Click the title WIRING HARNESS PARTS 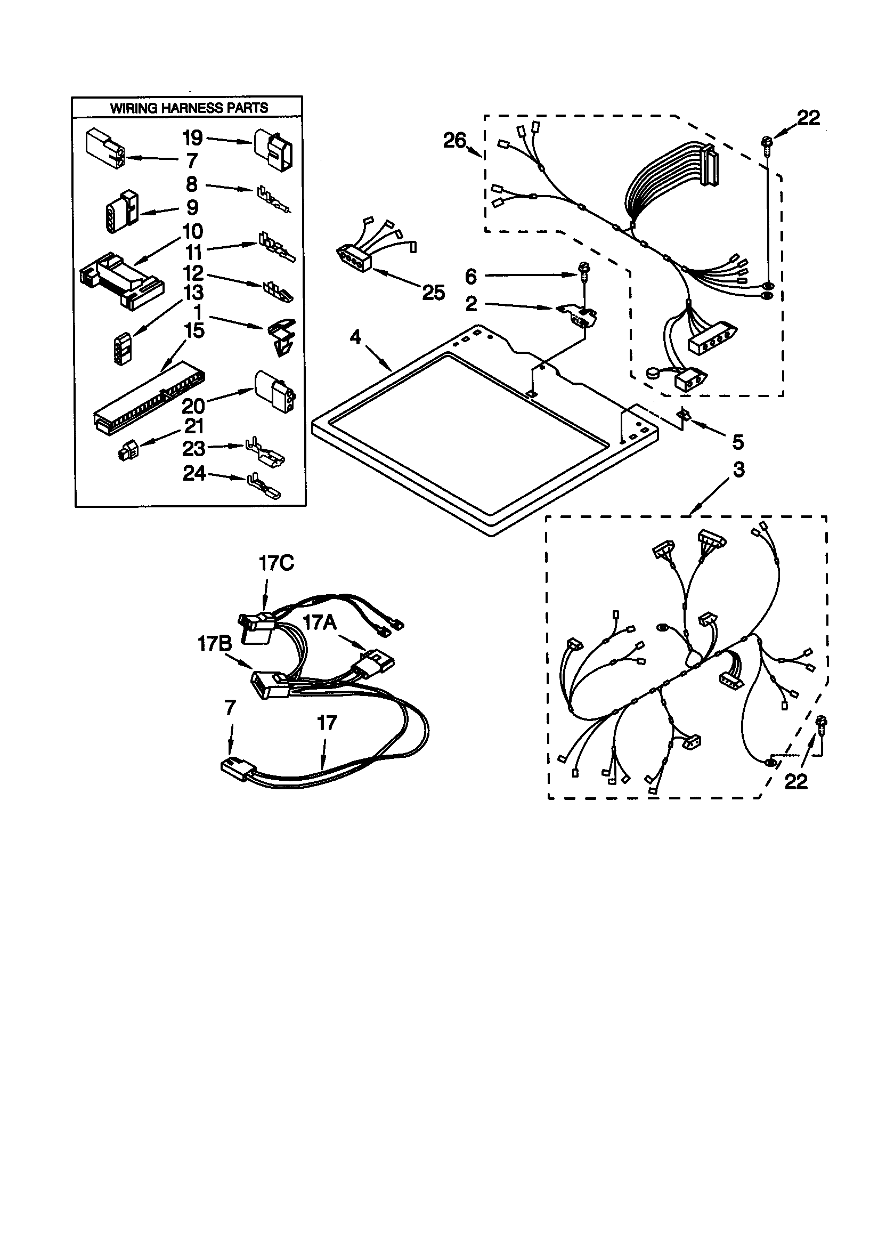click(x=189, y=108)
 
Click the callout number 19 click(x=193, y=138)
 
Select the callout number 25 click(x=434, y=293)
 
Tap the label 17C click(x=276, y=563)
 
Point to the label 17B click(x=214, y=644)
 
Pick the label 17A click(x=320, y=622)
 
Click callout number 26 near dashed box click(x=454, y=141)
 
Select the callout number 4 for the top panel click(x=355, y=337)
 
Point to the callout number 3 click(x=738, y=470)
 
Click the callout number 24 click(x=194, y=474)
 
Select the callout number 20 click(x=193, y=406)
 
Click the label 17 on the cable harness click(x=327, y=722)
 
